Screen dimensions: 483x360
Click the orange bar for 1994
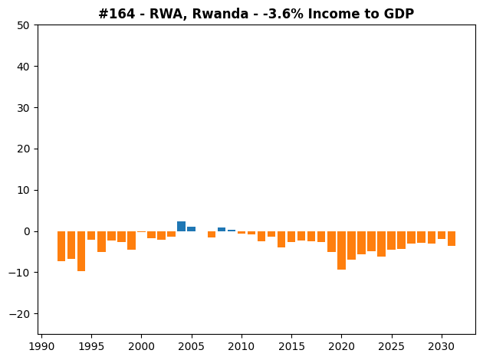81,251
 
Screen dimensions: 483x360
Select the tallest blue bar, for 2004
182,226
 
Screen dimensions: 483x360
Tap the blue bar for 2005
192,229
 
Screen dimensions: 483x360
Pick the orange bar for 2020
341,250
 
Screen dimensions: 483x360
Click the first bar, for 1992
61,246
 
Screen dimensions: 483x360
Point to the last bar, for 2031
452,238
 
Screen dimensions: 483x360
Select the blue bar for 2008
222,230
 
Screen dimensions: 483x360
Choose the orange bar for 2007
212,234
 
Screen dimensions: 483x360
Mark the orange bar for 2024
381,244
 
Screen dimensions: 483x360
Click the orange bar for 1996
101,241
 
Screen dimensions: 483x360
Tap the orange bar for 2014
281,240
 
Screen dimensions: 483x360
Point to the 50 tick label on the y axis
24,25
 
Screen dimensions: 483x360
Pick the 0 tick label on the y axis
27,231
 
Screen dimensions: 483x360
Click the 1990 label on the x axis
41,346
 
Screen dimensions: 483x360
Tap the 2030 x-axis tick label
442,346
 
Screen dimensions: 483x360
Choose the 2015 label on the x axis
291,346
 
